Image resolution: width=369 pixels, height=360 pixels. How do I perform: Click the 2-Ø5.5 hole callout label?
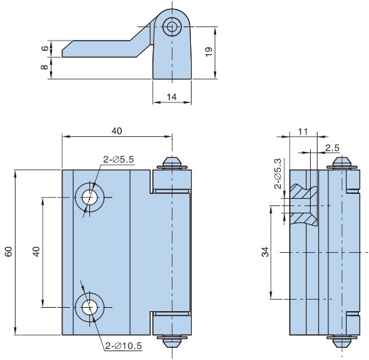tap(118, 159)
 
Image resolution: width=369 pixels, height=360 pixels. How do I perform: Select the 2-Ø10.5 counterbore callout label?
tap(123, 346)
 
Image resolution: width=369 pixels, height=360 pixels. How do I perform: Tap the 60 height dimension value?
tap(9, 252)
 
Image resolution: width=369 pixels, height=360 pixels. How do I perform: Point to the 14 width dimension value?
tap(171, 97)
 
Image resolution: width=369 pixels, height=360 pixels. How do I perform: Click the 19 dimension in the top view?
tap(209, 52)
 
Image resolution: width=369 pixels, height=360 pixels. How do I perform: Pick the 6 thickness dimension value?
tap(45, 49)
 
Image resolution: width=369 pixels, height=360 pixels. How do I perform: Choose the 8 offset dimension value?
tap(45, 67)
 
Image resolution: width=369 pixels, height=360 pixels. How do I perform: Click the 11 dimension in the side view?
tap(303, 132)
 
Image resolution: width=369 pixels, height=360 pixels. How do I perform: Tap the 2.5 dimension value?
tap(332, 148)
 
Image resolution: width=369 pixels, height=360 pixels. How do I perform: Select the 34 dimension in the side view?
tap(265, 252)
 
